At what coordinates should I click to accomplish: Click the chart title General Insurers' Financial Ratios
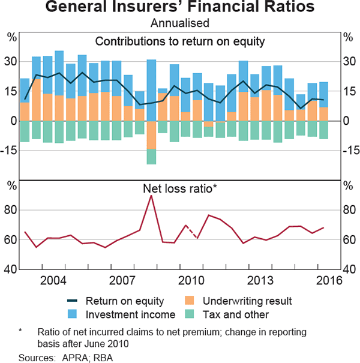pos(180,8)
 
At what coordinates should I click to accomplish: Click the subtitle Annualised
pos(180,23)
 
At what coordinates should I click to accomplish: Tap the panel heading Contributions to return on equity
pos(180,41)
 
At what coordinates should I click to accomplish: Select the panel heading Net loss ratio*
pos(180,188)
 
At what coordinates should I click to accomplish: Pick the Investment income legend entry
pos(123,314)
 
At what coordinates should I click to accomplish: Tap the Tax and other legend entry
pos(238,314)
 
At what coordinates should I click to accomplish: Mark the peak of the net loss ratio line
pos(151,196)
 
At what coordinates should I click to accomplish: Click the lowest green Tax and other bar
pos(151,157)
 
